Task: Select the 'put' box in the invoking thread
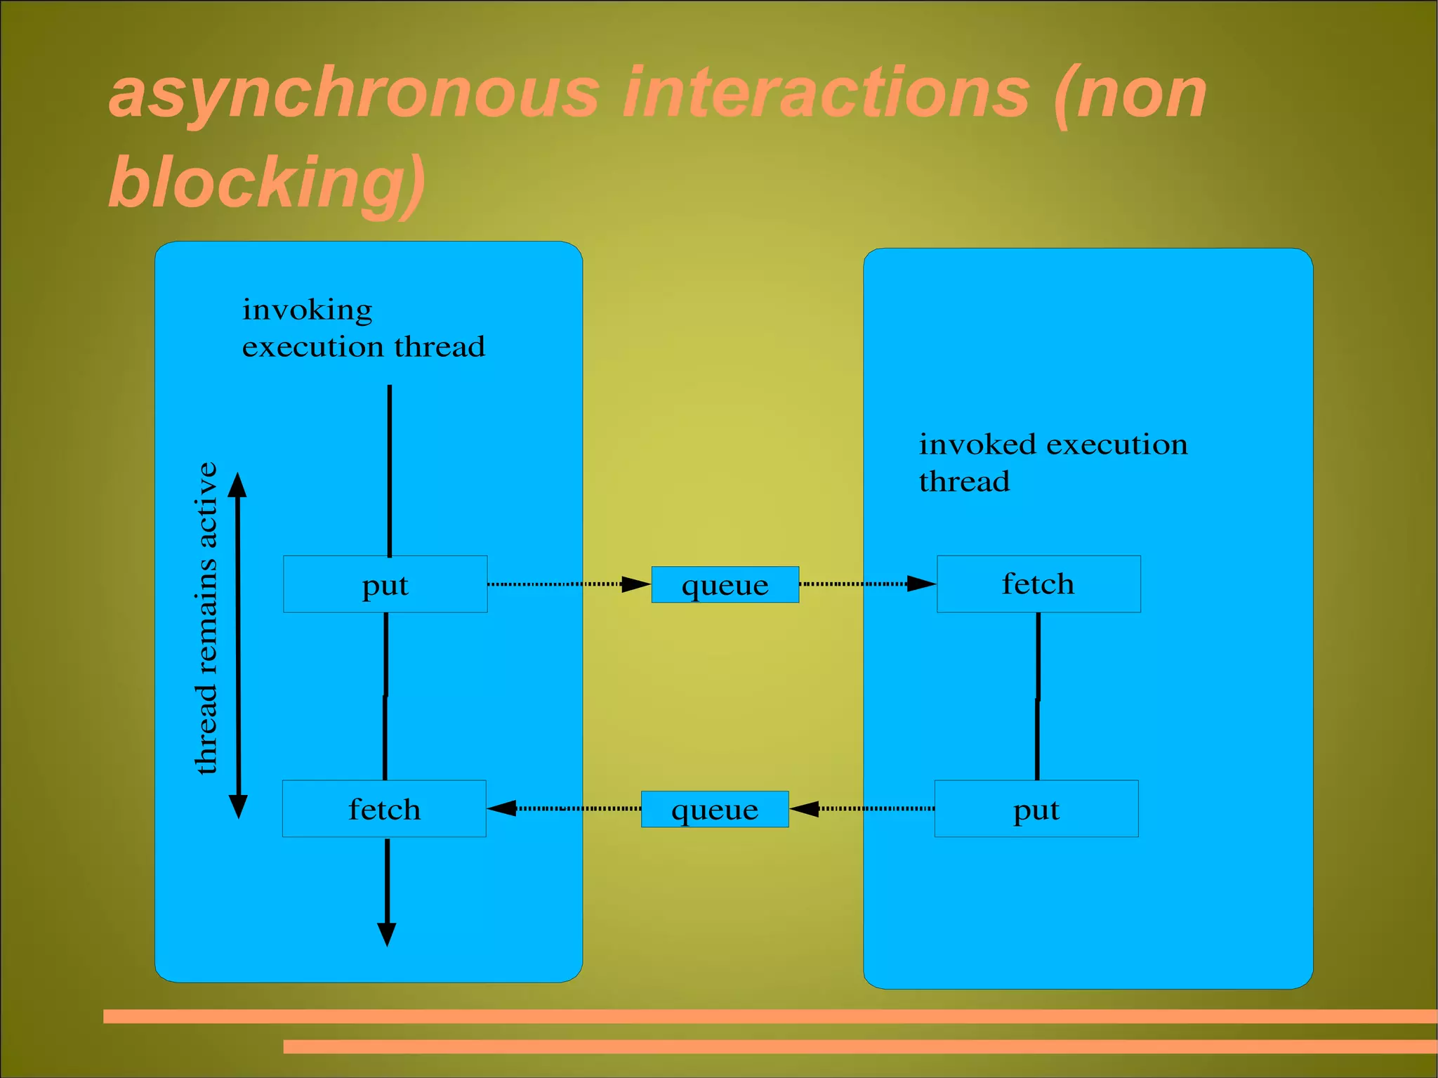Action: [385, 584]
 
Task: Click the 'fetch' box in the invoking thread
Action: [384, 809]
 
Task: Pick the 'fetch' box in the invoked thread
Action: [1038, 584]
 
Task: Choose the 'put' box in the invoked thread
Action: [1036, 809]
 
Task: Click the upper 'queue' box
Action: [725, 584]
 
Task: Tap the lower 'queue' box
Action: [715, 809]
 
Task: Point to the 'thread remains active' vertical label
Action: [206, 618]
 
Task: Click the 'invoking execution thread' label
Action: [363, 328]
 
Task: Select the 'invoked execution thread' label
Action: [1053, 463]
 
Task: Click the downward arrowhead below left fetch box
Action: [387, 933]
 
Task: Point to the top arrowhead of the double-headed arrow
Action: [237, 484]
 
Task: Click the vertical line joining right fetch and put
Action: [1038, 695]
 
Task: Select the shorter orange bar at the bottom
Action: [860, 1046]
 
